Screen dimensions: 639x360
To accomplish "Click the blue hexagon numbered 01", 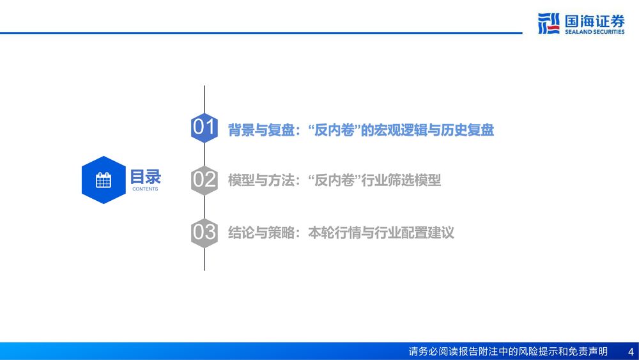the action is (204, 128).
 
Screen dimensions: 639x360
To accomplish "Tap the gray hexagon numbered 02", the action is (204, 180).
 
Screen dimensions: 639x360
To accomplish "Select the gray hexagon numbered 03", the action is (204, 233).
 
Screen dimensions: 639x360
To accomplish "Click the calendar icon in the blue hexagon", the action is (104, 180).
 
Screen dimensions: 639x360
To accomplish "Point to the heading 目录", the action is (146, 177).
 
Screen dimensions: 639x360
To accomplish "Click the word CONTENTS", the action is (145, 189).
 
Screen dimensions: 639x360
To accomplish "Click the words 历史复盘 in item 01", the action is (468, 130).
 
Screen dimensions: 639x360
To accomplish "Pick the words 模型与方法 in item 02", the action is (261, 180).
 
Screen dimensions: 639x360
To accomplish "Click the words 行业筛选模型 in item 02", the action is (401, 180).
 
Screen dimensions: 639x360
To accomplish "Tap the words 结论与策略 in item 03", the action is (261, 233).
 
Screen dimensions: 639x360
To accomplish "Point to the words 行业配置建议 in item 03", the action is (414, 233).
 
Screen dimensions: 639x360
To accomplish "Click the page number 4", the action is (631, 352).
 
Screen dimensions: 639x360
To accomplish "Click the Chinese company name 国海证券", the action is (594, 21).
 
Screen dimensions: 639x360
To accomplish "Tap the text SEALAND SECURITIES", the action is (594, 32).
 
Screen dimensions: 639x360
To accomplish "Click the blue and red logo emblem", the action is (548, 23).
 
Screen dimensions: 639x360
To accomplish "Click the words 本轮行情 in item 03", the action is (335, 233).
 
